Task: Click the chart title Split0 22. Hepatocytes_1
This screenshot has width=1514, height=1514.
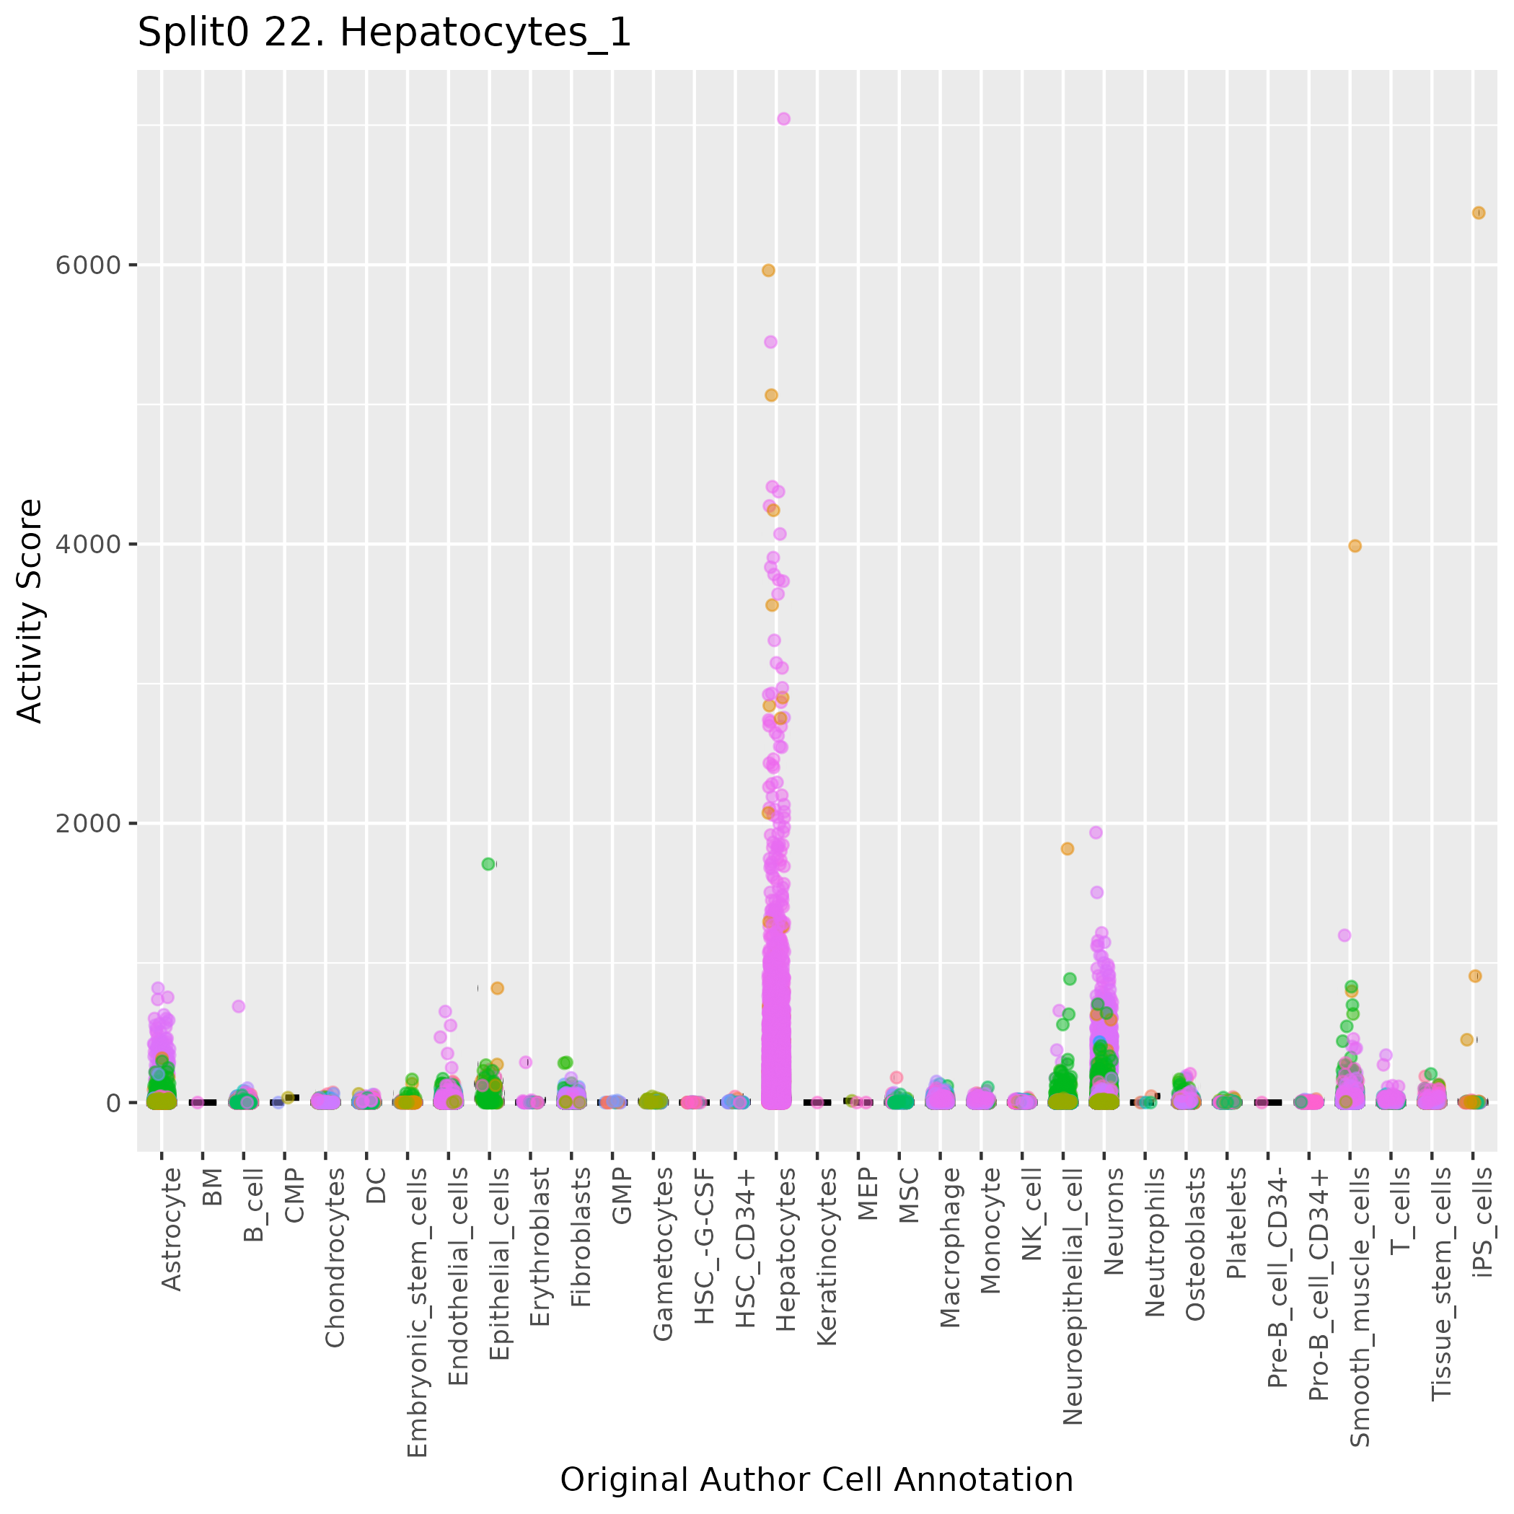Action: tap(384, 33)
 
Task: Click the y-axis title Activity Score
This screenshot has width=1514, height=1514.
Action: tap(30, 610)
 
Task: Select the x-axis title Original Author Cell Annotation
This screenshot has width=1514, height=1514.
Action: tap(816, 1479)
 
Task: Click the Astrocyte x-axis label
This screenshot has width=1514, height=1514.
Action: tap(171, 1229)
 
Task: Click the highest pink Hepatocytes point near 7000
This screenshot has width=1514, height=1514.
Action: tap(783, 119)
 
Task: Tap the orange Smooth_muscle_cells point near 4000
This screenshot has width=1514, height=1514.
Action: tap(1355, 546)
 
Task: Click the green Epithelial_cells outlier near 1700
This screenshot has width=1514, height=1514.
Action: tap(488, 863)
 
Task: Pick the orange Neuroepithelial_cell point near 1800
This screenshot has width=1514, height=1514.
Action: tap(1068, 849)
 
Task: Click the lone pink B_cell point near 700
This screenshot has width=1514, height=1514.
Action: tap(238, 1006)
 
